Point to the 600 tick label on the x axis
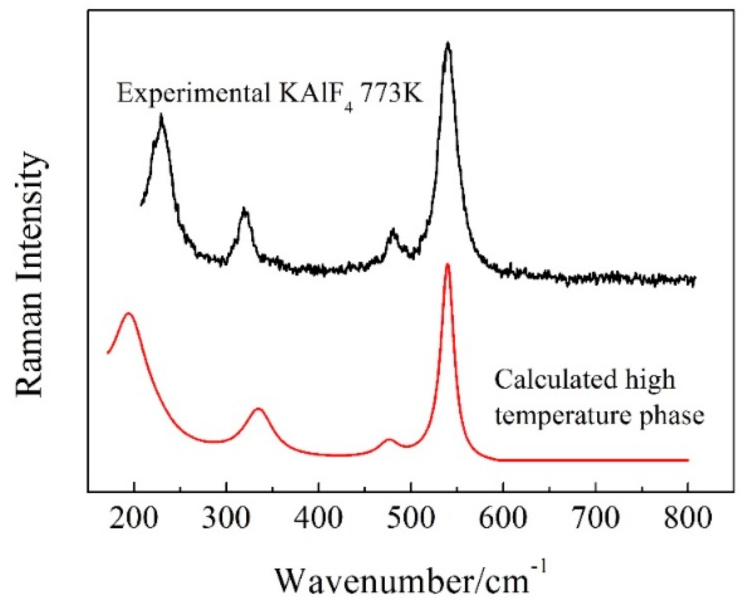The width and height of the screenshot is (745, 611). pyautogui.click(x=503, y=519)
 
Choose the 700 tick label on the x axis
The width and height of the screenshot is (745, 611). pyautogui.click(x=596, y=519)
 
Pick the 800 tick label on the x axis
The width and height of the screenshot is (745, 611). pyautogui.click(x=688, y=519)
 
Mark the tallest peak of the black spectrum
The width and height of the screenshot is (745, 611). pyautogui.click(x=447, y=44)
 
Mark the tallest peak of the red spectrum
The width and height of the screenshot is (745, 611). pyautogui.click(x=447, y=265)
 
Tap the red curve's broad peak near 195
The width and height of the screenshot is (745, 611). pyautogui.click(x=129, y=314)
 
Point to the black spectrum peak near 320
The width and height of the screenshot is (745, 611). pyautogui.click(x=244, y=210)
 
